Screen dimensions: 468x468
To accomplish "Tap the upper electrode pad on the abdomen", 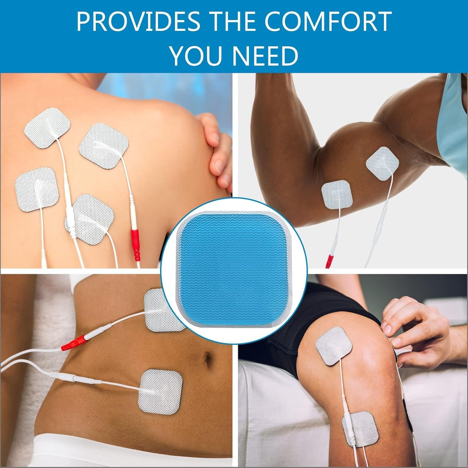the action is (x=164, y=310).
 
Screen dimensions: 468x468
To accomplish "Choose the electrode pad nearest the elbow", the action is (x=337, y=195).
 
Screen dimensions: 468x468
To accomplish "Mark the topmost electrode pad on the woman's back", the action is (x=47, y=128).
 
